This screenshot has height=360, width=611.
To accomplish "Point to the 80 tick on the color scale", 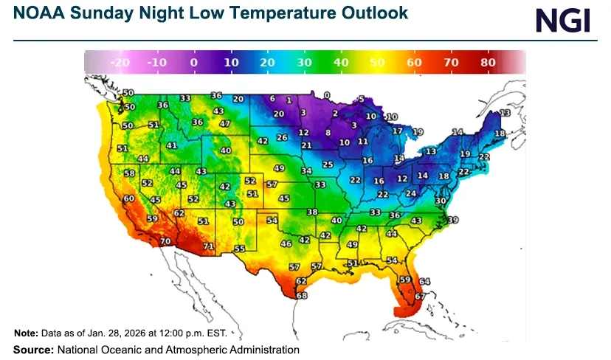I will tap(488, 63).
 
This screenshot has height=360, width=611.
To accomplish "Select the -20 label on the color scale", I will tap(120, 63).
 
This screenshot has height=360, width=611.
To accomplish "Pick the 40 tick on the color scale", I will tap(341, 63).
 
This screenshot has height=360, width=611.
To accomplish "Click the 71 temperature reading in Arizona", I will tap(209, 246).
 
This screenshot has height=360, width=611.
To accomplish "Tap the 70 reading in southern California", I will tap(165, 241).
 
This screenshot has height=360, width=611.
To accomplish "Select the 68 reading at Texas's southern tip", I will tap(301, 296).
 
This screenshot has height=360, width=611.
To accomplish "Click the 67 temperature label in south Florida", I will tap(419, 296).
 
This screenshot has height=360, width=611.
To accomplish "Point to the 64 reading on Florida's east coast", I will tap(424, 281).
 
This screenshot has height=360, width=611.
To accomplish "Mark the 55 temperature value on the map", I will tap(239, 249).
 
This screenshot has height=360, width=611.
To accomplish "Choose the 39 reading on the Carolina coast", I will tap(452, 220).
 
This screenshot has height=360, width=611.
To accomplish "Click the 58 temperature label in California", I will tap(130, 173).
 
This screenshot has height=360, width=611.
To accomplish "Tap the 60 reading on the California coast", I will tap(129, 198).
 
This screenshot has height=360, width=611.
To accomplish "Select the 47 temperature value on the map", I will tap(225, 124).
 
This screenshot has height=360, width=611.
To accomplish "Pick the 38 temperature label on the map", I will tap(312, 212).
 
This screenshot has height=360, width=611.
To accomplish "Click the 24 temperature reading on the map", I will tap(411, 193).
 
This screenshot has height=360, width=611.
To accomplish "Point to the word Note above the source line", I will tap(27, 334).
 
